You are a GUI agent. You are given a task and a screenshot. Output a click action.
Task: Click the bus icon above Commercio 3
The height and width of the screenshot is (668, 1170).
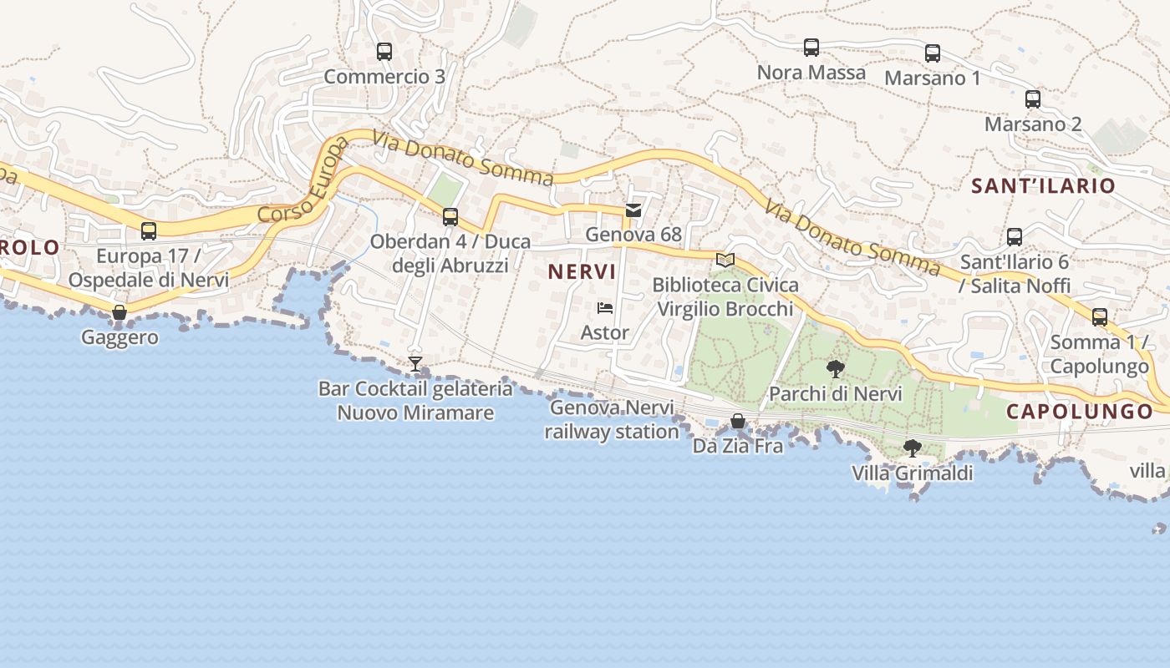click(384, 52)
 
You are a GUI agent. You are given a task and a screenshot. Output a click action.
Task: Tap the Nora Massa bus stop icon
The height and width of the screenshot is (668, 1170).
click(811, 48)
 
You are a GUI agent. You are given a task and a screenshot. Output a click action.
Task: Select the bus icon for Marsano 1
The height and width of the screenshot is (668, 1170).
click(933, 53)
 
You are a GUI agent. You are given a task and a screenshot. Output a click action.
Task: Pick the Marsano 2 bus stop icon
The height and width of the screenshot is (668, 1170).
click(1033, 99)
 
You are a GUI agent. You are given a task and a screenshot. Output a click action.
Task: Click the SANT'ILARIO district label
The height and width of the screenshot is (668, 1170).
click(1043, 186)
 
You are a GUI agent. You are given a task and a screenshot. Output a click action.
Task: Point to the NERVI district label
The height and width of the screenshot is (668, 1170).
click(582, 271)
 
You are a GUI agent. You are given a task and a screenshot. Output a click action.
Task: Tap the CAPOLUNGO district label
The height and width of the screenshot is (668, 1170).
click(1080, 412)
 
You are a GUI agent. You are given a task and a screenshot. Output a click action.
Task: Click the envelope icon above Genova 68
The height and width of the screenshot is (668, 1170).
click(633, 210)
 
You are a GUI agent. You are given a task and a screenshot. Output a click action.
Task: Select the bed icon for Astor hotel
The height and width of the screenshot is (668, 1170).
click(605, 308)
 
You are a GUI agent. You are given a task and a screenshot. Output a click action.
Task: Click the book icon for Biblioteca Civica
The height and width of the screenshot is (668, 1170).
click(725, 260)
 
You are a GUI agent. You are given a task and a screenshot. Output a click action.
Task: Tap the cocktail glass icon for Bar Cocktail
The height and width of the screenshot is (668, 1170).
click(415, 364)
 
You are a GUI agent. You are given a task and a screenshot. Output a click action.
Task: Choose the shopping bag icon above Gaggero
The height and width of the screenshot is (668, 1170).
click(120, 313)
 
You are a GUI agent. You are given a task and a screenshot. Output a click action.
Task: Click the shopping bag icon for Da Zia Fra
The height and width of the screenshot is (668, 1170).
click(738, 421)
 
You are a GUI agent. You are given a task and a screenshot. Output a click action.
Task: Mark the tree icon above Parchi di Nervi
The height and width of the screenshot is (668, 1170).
click(835, 368)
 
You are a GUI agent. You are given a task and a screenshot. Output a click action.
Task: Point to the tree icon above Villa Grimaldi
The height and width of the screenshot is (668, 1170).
click(913, 448)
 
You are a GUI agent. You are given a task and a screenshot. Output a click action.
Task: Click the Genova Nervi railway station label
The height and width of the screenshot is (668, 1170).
click(612, 420)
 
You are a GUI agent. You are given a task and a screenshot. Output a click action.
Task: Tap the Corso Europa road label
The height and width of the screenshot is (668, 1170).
click(304, 184)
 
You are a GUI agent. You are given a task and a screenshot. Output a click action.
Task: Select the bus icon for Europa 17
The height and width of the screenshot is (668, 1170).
click(149, 231)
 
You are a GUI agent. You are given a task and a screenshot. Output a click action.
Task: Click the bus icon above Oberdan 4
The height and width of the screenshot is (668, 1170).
click(450, 217)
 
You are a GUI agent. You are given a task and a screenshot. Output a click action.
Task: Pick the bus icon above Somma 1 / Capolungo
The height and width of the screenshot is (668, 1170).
click(1100, 317)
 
